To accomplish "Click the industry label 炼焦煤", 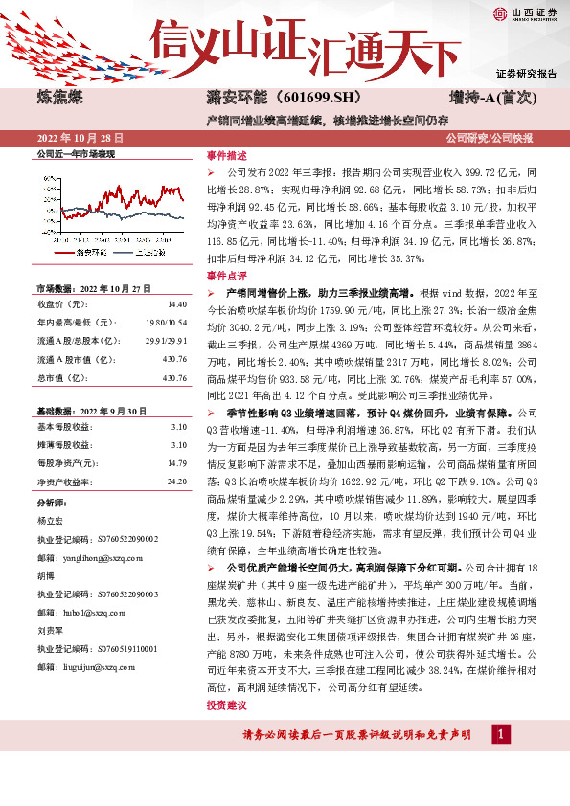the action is [x=59, y=98].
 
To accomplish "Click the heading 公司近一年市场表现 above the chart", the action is [x=75, y=153].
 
